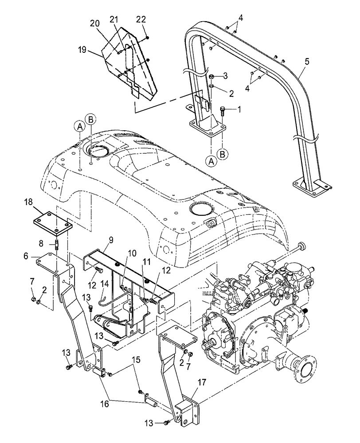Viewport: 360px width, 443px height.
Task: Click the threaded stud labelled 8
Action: click(58, 245)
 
